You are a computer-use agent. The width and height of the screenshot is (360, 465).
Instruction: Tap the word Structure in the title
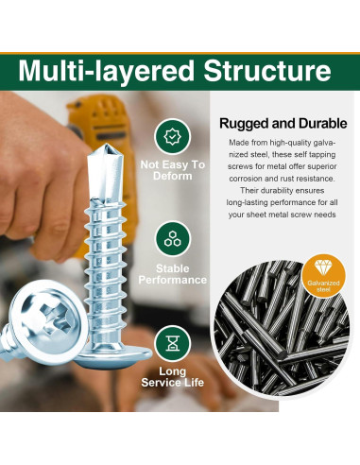coord(268,72)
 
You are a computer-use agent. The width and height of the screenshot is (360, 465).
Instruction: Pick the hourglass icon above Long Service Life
coord(171,338)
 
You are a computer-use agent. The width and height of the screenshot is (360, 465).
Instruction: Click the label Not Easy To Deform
coord(171,170)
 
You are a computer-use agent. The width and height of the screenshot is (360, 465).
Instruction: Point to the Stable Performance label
coord(171,274)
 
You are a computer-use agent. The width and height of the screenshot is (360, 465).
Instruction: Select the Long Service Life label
coord(171,376)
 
